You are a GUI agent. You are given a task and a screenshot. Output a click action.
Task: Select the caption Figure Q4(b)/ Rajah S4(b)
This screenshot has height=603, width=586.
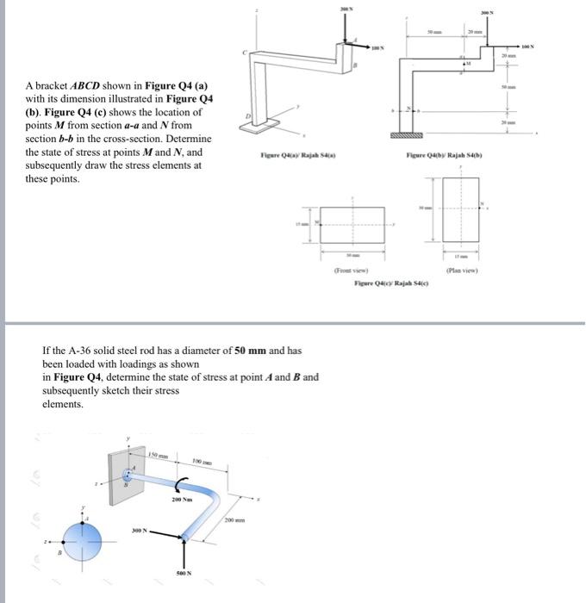coord(446,155)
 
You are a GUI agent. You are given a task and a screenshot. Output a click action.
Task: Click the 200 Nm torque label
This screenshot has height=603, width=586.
coord(182,499)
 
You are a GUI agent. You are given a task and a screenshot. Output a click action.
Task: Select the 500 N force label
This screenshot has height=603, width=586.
coord(184,572)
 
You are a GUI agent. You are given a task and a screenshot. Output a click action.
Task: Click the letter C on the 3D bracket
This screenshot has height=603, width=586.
coord(244,54)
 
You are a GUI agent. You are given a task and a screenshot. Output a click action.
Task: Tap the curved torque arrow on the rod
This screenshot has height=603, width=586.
coord(183,483)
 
